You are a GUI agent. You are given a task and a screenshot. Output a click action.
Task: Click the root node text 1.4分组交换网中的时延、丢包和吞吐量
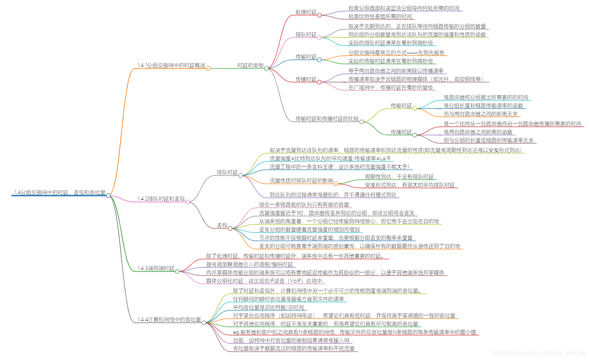tap(60, 193)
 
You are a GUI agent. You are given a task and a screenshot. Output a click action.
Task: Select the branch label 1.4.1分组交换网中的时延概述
tap(171, 66)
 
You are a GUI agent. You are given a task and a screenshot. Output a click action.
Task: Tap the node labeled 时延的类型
tap(250, 66)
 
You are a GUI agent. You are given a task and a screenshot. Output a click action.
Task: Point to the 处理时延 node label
tap(306, 12)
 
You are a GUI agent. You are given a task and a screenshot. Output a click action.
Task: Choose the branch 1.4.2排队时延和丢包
tap(161, 199)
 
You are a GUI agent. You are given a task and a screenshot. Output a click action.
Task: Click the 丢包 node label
tap(222, 225)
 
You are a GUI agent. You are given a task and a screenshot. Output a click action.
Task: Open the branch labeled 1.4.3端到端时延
tap(156, 268)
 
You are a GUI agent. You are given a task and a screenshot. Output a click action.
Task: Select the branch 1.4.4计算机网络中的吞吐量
tap(169, 320)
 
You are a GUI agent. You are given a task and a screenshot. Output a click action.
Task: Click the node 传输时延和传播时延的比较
tap(327, 119)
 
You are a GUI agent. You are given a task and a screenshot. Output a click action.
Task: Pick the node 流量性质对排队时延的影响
tap(301, 181)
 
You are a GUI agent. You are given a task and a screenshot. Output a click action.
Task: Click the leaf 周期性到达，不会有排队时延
tap(399, 177)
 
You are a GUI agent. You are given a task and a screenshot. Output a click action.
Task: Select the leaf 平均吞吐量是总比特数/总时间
tap(268, 307)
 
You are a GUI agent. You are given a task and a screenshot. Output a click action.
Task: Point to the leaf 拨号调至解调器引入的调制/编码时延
tap(249, 264)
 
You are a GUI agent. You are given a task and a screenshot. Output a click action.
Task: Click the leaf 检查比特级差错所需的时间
tap(380, 17)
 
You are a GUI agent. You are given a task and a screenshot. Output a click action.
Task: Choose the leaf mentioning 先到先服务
tap(396, 53)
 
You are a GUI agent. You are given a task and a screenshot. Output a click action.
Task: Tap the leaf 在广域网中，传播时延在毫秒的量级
tap(390, 88)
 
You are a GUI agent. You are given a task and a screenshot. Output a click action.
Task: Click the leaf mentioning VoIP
tap(264, 281)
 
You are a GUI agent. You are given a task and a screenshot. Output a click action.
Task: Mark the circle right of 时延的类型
tap(266, 69)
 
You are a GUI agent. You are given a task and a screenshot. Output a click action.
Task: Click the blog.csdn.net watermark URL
tap(539, 353)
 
